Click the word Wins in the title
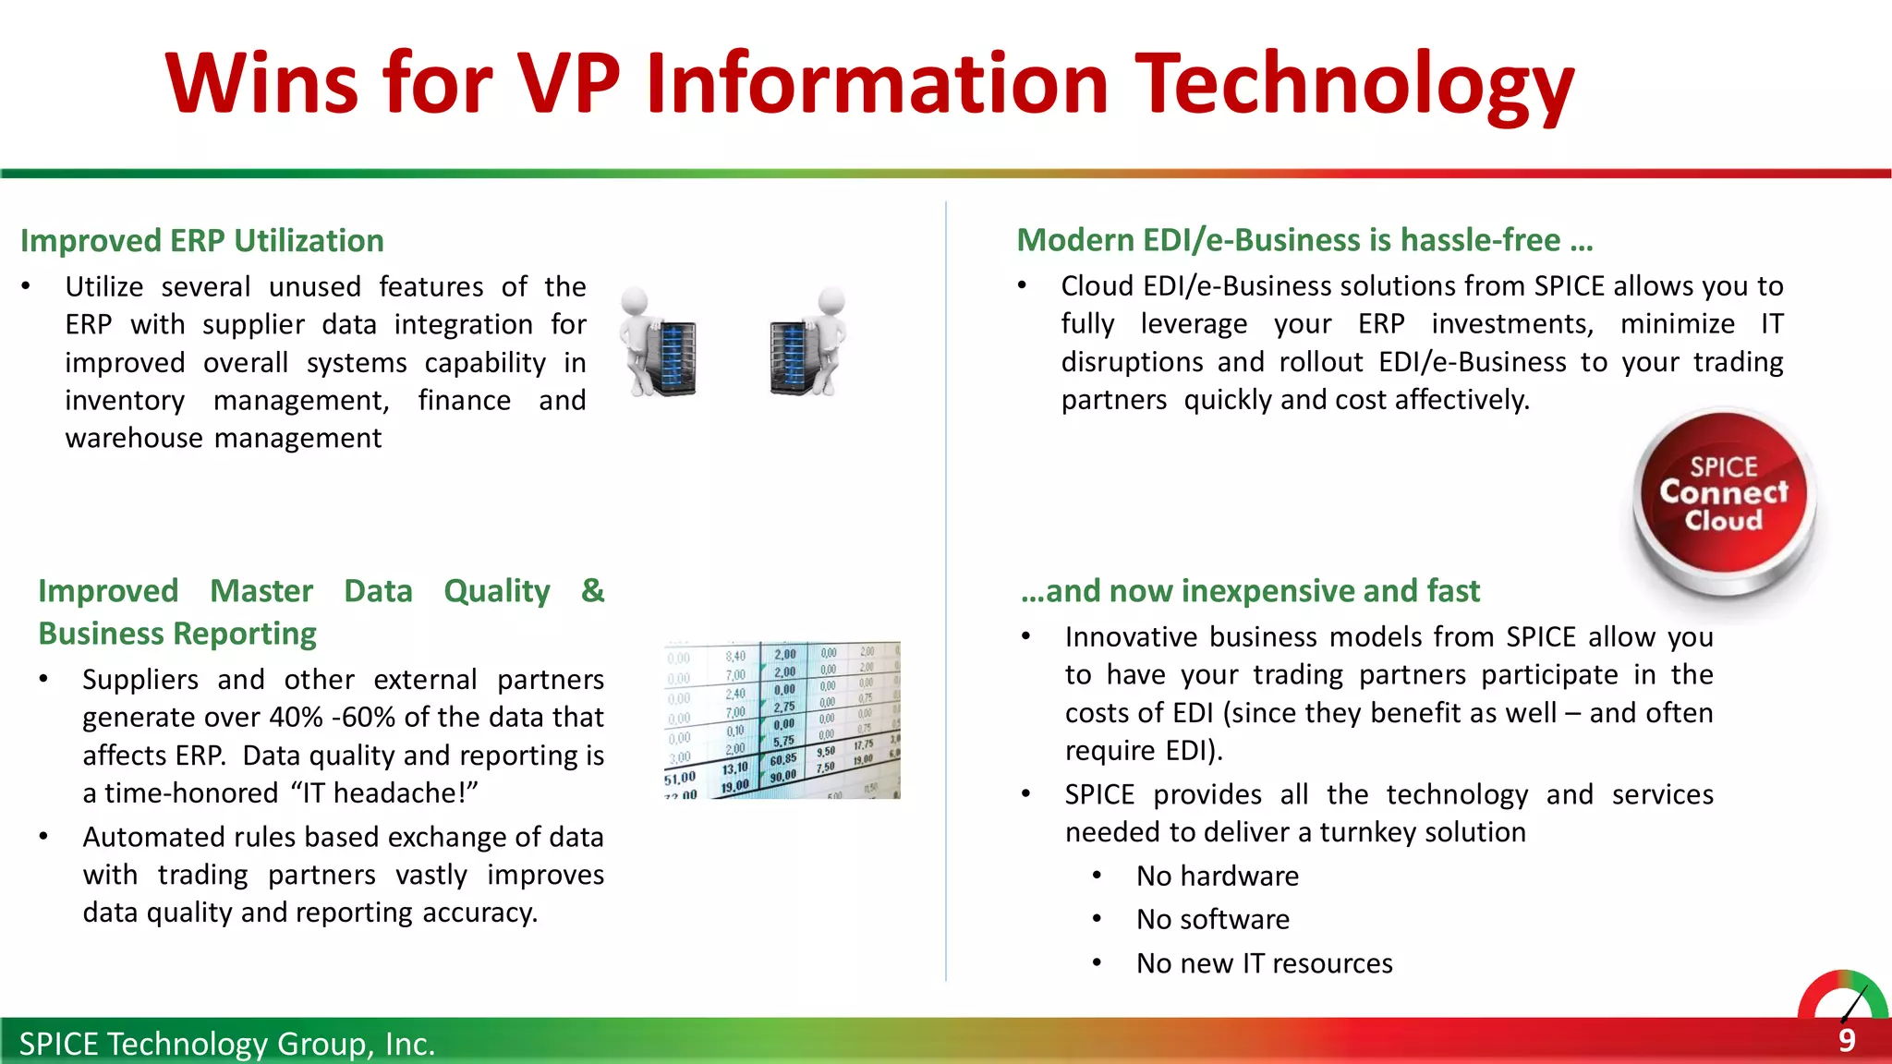[261, 85]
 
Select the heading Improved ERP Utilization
[202, 241]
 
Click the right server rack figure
[807, 343]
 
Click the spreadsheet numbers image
[782, 720]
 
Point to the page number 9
[1846, 1041]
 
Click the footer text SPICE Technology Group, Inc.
[227, 1044]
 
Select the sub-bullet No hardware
[1217, 876]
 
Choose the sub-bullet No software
[1212, 919]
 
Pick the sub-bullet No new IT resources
[1264, 963]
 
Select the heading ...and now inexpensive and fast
[1250, 591]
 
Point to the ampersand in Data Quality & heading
[592, 591]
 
